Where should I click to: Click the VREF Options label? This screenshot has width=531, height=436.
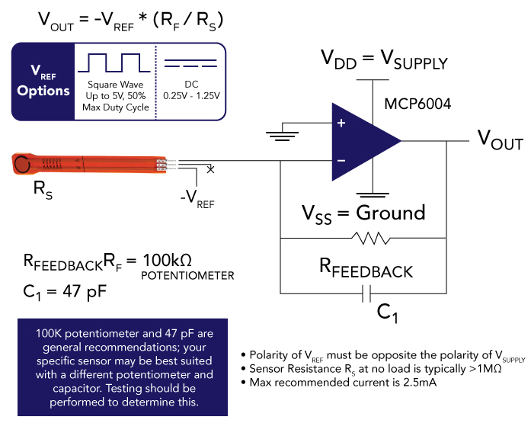pyautogui.click(x=43, y=82)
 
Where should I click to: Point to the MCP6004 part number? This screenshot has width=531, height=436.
pyautogui.click(x=418, y=104)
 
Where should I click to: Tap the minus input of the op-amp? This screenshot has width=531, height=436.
pyautogui.click(x=341, y=160)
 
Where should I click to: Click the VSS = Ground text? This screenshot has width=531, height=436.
pyautogui.click(x=363, y=212)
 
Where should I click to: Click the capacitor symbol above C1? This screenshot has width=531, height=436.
pyautogui.click(x=363, y=293)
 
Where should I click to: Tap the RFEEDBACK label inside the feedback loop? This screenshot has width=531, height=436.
pyautogui.click(x=365, y=269)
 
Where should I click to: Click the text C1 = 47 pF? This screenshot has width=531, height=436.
pyautogui.click(x=70, y=290)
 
